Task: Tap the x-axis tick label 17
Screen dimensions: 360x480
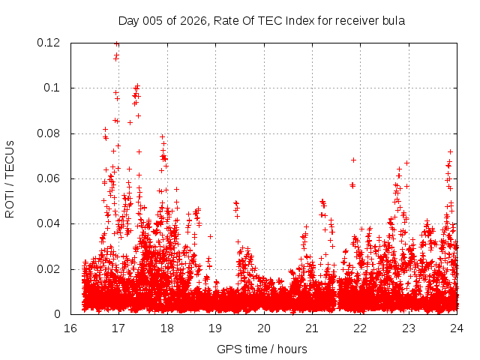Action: pos(118,328)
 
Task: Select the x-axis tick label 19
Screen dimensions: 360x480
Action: pos(215,328)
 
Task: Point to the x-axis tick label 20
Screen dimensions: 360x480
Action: pos(263,328)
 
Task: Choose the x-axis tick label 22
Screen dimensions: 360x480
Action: pos(360,328)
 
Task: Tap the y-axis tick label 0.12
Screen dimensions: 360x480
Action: pos(49,43)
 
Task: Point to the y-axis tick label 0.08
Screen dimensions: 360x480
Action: pos(49,133)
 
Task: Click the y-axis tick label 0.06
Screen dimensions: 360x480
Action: pos(49,178)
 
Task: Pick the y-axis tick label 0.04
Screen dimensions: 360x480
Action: pos(49,223)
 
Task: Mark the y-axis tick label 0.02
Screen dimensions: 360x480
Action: pos(49,269)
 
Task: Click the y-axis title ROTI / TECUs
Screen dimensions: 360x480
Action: pos(10,179)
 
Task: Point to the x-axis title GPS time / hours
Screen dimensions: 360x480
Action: pos(262,349)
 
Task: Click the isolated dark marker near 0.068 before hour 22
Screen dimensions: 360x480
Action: pos(353,160)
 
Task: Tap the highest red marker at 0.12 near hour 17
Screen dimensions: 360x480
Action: pos(117,43)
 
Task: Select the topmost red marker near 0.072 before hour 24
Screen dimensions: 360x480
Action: pos(450,151)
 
